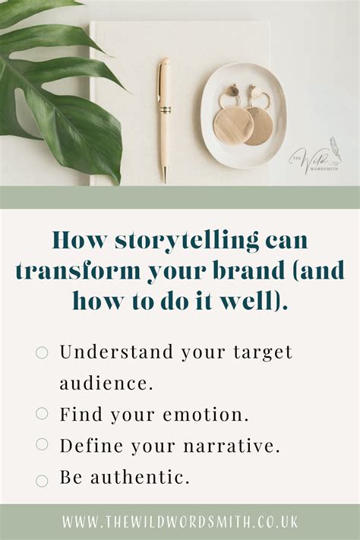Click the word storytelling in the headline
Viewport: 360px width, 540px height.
[187, 241]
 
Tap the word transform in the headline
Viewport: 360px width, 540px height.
[79, 270]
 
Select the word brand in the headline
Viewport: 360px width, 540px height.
[249, 270]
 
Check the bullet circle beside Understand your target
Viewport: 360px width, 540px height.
[42, 352]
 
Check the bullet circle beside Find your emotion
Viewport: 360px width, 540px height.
[42, 413]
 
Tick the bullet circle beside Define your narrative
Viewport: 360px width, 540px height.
[42, 444]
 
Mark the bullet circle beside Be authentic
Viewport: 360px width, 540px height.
[42, 481]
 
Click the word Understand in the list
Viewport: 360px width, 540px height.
[116, 352]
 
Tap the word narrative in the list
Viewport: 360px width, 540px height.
[229, 446]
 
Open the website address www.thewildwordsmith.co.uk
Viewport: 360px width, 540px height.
[180, 522]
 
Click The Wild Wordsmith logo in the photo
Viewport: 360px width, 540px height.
[315, 156]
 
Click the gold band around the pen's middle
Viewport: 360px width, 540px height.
[165, 110]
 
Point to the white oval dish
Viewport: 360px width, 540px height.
[244, 115]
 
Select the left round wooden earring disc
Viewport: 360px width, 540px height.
[234, 125]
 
